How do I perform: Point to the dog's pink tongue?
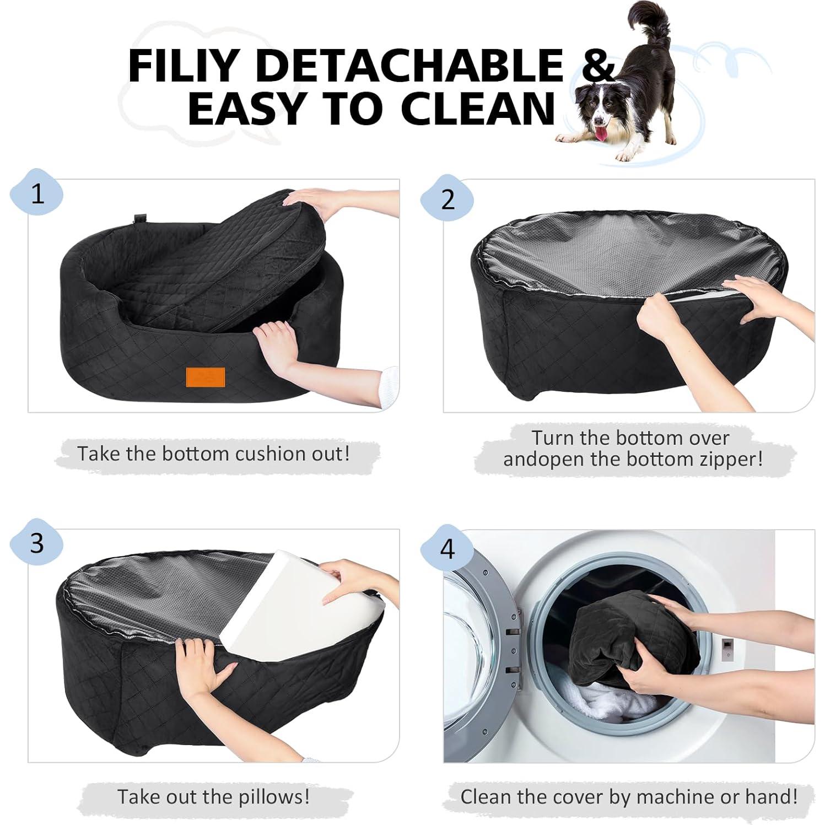tap(602, 133)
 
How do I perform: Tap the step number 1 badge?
tap(37, 194)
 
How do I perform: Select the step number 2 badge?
tap(447, 199)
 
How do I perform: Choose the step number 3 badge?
tap(37, 543)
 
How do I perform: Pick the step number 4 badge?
tap(447, 549)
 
